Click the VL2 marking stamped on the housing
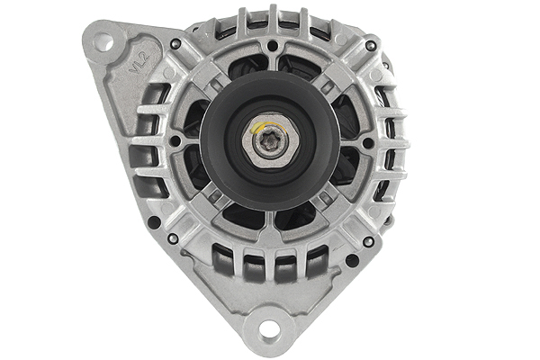pos(138,66)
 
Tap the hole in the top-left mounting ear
pos(102,40)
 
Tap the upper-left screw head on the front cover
pos(175,43)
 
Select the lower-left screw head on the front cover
pos(172,238)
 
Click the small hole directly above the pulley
pos(271,45)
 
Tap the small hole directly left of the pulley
pos(174,142)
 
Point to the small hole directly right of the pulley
pos(368,142)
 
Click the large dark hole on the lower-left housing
pos(155,221)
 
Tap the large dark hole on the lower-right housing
pos(352,261)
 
